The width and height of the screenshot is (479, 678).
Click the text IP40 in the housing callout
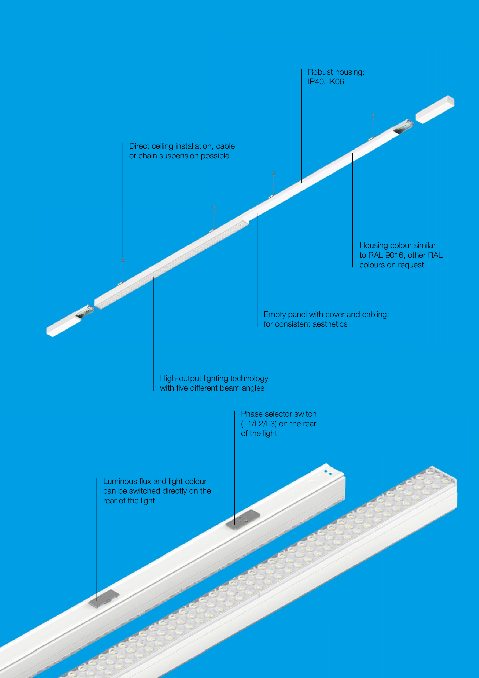(316, 82)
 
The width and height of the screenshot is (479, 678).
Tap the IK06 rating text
(336, 82)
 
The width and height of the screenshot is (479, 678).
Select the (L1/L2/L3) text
(259, 424)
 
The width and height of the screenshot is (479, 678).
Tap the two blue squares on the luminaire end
(328, 472)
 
